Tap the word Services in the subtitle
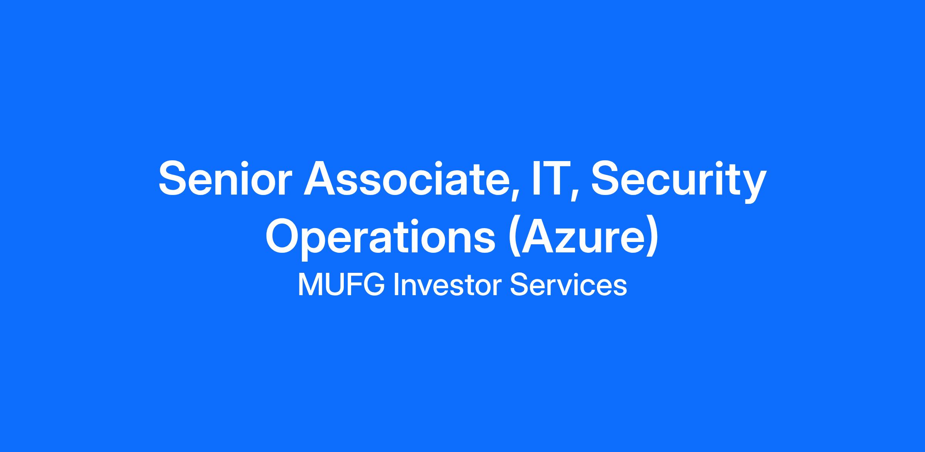[x=568, y=286]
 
